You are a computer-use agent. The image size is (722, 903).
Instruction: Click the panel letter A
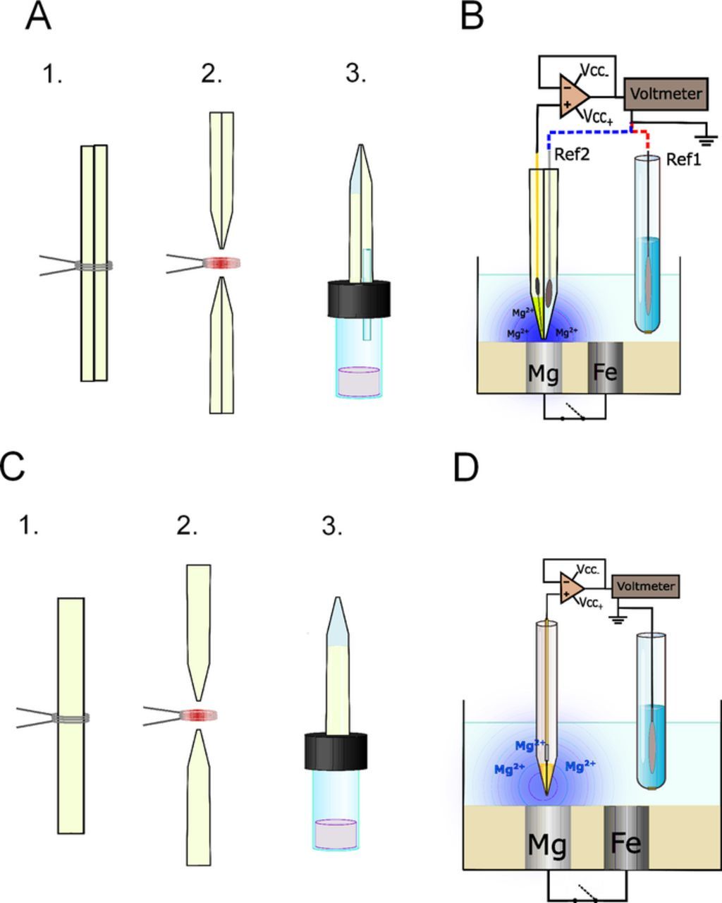tap(38, 16)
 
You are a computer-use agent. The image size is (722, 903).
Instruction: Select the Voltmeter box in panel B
tap(666, 94)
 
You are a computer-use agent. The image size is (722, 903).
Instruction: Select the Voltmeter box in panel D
tap(646, 586)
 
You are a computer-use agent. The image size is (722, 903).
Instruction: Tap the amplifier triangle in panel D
tap(570, 587)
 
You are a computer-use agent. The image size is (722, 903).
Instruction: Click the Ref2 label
tap(572, 154)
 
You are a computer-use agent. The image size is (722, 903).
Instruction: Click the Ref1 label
tap(683, 160)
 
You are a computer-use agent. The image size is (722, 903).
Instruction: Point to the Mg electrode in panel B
tap(544, 372)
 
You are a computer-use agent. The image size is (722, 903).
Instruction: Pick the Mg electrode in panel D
tap(547, 843)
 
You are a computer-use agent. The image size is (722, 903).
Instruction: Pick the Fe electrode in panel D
tap(627, 842)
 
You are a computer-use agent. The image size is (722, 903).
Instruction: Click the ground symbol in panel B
tap(707, 138)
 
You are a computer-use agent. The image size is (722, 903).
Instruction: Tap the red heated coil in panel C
tap(197, 714)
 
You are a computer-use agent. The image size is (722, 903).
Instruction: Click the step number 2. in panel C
tap(186, 526)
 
